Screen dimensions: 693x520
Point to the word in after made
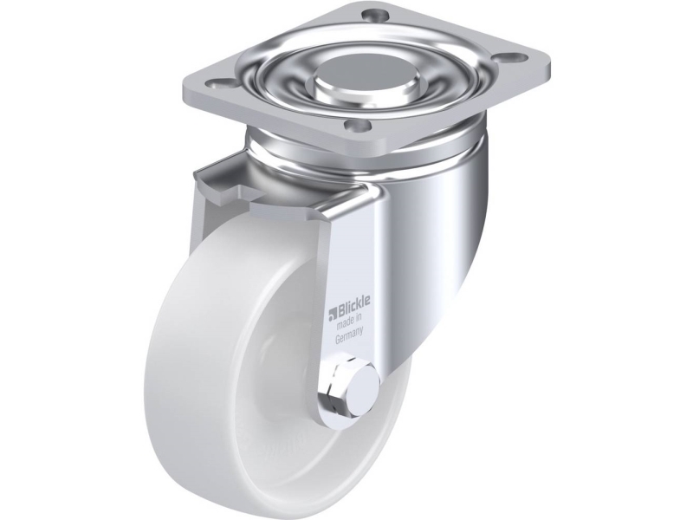pos(359,321)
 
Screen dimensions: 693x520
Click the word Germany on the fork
pos(349,337)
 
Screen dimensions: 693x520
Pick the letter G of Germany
pos(338,341)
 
